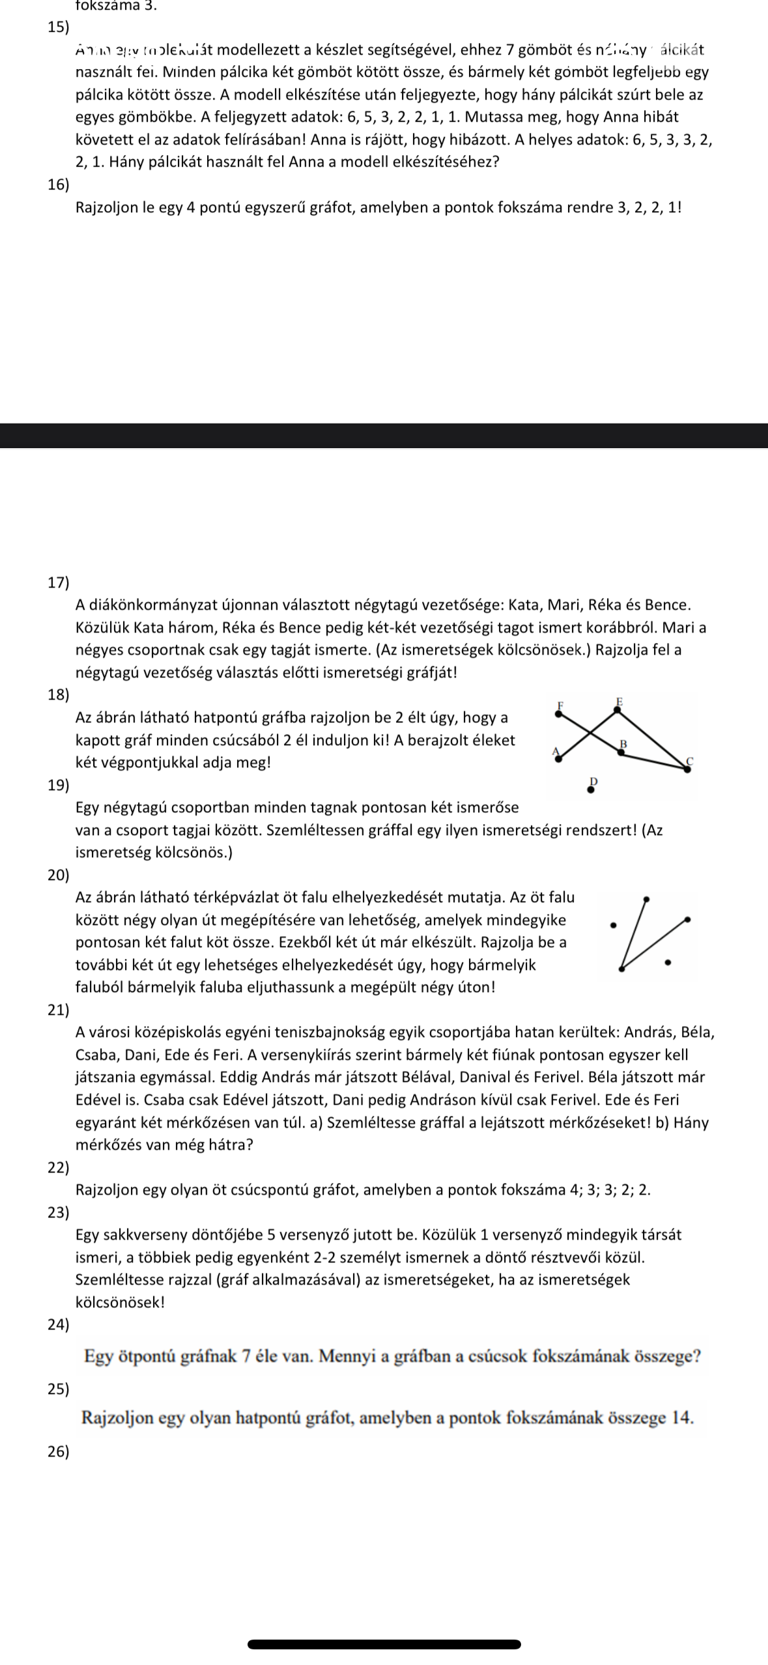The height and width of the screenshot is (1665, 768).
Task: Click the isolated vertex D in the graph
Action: pos(590,790)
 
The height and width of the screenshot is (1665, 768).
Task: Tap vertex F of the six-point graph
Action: pos(558,713)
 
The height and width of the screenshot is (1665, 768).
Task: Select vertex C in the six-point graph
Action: pos(688,769)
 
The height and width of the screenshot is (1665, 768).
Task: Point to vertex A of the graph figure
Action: pos(557,757)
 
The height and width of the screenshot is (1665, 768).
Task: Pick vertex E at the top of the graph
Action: pos(619,710)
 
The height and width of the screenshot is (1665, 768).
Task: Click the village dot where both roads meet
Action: pos(621,969)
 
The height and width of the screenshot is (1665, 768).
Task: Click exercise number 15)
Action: pos(58,27)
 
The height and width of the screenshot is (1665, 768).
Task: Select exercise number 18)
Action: pos(58,694)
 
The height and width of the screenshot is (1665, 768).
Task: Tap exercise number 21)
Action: pos(58,1010)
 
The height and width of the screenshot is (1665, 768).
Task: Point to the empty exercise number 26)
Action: pos(58,1451)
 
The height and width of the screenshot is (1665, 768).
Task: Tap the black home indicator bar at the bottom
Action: pos(384,1644)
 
